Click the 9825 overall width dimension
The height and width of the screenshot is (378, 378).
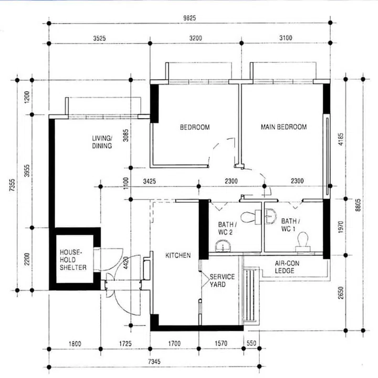(x=190, y=18)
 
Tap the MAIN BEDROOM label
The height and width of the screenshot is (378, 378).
(x=283, y=127)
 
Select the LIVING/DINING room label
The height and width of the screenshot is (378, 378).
(x=102, y=142)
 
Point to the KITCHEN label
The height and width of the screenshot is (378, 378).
(x=178, y=255)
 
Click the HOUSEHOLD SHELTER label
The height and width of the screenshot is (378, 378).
(x=73, y=260)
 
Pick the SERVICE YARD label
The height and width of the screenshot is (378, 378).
(x=222, y=280)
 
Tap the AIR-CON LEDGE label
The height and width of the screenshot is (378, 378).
(x=287, y=267)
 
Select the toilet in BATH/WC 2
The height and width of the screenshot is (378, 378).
(x=251, y=217)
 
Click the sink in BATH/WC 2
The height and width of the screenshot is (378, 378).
(x=223, y=246)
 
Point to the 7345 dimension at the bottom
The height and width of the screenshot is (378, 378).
(x=154, y=361)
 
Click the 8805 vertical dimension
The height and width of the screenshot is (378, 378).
(x=358, y=205)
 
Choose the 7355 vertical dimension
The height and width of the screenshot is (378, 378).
(x=12, y=185)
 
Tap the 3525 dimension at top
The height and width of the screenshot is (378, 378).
(x=99, y=38)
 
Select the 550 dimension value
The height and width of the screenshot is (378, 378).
(x=251, y=343)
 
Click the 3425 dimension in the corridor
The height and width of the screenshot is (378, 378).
(x=150, y=181)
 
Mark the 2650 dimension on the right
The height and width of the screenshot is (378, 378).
(x=341, y=293)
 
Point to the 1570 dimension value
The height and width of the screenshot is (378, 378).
(x=221, y=343)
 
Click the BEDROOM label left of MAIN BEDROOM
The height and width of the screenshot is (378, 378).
(x=195, y=127)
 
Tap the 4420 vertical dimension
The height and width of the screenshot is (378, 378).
(x=126, y=263)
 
